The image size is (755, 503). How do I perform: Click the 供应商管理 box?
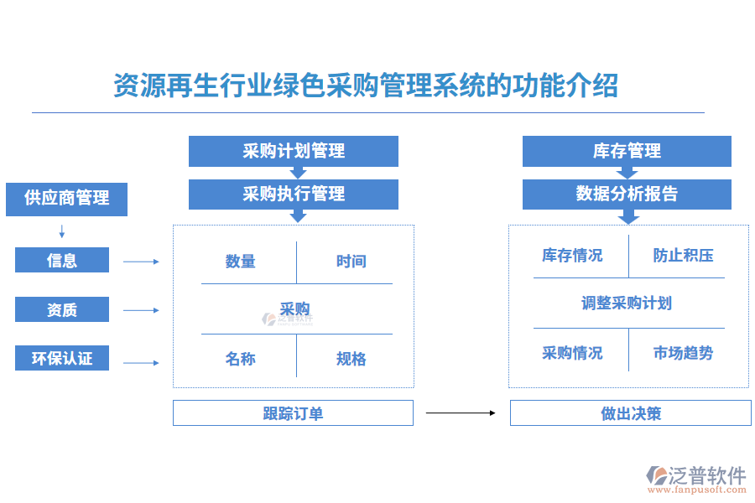[66, 199]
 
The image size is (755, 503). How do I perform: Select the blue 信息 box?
[62, 260]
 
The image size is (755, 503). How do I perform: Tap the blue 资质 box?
[62, 309]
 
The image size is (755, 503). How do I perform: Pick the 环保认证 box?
[62, 358]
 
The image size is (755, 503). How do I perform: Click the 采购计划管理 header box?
[293, 151]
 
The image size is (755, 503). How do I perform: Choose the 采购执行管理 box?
[293, 194]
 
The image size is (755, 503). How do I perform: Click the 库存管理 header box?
[627, 151]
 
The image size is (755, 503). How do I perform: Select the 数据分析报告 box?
[627, 194]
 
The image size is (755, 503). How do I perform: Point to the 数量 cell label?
[240, 262]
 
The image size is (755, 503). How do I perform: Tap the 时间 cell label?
[351, 262]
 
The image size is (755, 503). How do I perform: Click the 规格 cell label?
[351, 359]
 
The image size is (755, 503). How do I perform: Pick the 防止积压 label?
[683, 256]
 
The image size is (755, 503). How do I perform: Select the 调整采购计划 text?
[627, 303]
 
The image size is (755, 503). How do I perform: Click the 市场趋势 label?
[683, 353]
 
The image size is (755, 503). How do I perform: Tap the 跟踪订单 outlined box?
[293, 412]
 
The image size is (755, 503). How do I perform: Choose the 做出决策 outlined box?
[630, 412]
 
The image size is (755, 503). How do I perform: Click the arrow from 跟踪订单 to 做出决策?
[461, 412]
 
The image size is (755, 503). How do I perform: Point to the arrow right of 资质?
[141, 310]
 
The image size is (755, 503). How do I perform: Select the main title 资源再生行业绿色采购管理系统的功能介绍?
[366, 86]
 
